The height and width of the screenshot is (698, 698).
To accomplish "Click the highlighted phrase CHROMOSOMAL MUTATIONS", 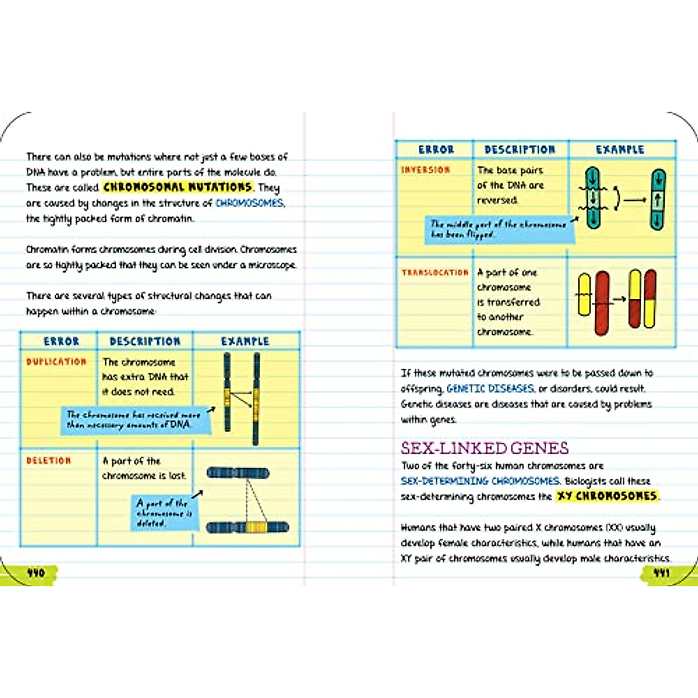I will point(177,187).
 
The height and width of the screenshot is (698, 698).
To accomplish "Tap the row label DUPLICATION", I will point(56,362).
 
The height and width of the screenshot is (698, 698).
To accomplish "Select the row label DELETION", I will point(49,461).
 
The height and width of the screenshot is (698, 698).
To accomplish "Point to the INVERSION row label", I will point(426,170).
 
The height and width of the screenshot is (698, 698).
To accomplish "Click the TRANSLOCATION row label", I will point(435,272).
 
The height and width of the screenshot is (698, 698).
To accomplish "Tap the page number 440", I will point(36,573).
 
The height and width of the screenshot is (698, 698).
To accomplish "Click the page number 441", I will point(661,573).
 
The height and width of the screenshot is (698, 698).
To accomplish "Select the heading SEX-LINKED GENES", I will point(485,448).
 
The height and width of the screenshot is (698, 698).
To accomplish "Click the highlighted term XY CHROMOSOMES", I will point(607,496).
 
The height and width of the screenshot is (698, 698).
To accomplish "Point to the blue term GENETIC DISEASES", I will point(490,389).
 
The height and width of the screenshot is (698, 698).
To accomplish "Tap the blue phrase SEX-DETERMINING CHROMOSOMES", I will point(480,481).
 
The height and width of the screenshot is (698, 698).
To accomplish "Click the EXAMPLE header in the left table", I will point(245,341).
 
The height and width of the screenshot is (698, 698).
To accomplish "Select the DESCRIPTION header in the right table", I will point(520,149).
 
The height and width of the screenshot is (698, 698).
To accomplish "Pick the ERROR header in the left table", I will point(61,341).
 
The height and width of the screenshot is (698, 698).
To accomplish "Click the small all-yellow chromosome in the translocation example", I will point(583,294).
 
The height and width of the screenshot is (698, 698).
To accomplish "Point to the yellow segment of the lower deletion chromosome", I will point(256,528).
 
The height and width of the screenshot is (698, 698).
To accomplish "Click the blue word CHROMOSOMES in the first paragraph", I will point(250,203).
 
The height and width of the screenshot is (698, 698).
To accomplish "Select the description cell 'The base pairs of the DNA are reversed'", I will point(510,185).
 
